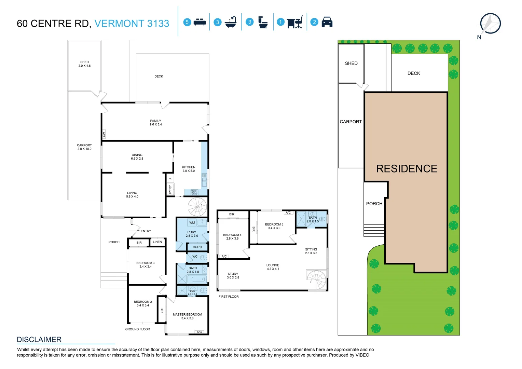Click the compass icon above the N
coord(490,23)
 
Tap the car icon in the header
coord(327,22)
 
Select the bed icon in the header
coord(200,22)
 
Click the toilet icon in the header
coord(263,22)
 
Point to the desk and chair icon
coord(295,22)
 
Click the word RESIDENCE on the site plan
coord(407,168)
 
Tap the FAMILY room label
coord(155,121)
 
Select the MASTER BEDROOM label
coord(187,314)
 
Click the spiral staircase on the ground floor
coord(197,207)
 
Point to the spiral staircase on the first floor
coord(317,279)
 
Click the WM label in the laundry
coord(192,222)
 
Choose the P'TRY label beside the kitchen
coord(170,189)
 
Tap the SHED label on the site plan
coord(351,63)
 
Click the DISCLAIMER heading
coord(39,339)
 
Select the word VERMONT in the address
coord(119,23)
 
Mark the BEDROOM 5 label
coord(274,224)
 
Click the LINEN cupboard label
coord(157,242)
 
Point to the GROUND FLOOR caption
coord(137,329)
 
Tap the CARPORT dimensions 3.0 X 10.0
coord(84,149)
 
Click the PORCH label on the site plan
coord(374,204)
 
